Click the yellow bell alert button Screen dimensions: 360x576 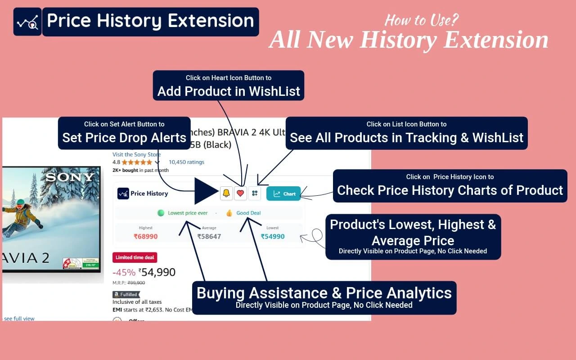[x=226, y=193]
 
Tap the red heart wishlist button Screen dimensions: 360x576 [x=241, y=193]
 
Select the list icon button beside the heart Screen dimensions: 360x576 [x=255, y=193]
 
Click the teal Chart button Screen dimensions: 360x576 [x=283, y=194]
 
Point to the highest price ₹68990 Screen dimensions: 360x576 [x=145, y=236]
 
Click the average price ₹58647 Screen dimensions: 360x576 [x=209, y=236]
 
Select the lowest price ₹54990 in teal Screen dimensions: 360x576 [x=273, y=236]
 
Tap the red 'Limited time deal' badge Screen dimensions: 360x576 [x=135, y=257]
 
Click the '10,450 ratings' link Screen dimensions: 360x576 [x=186, y=162]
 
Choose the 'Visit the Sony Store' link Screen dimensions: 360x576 [x=136, y=154]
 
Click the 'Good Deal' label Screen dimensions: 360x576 [x=248, y=213]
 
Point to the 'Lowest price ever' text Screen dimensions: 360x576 [x=187, y=213]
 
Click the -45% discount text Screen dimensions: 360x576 [x=124, y=272]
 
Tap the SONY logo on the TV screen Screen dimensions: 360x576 [x=70, y=177]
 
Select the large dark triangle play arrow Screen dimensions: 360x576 [x=205, y=191]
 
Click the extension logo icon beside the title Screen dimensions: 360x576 [x=27, y=22]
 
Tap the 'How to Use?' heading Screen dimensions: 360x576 [x=421, y=21]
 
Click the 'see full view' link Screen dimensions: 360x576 [x=19, y=318]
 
